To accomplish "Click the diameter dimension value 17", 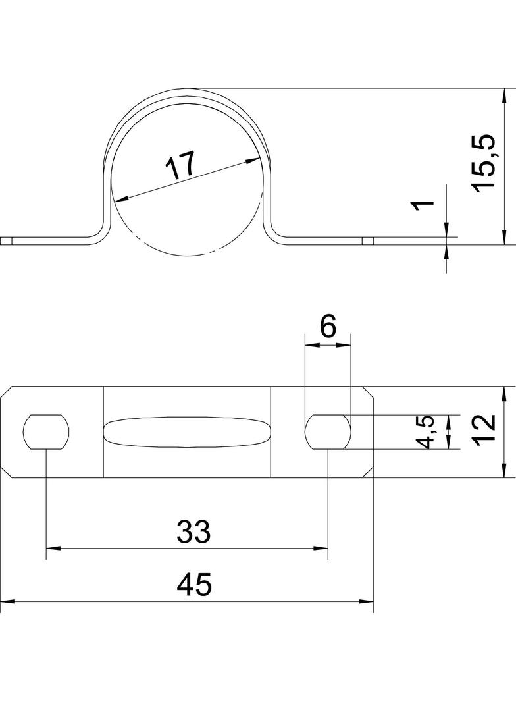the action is tap(180, 165).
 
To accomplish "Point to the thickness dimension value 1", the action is tap(423, 205).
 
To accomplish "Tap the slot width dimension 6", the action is tap(328, 327).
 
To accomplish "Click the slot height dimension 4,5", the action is tap(425, 432).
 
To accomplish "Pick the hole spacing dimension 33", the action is tap(193, 531).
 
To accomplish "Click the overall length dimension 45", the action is tap(193, 585).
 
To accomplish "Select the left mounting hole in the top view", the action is tap(47, 432).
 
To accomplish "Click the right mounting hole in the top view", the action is tap(328, 432).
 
